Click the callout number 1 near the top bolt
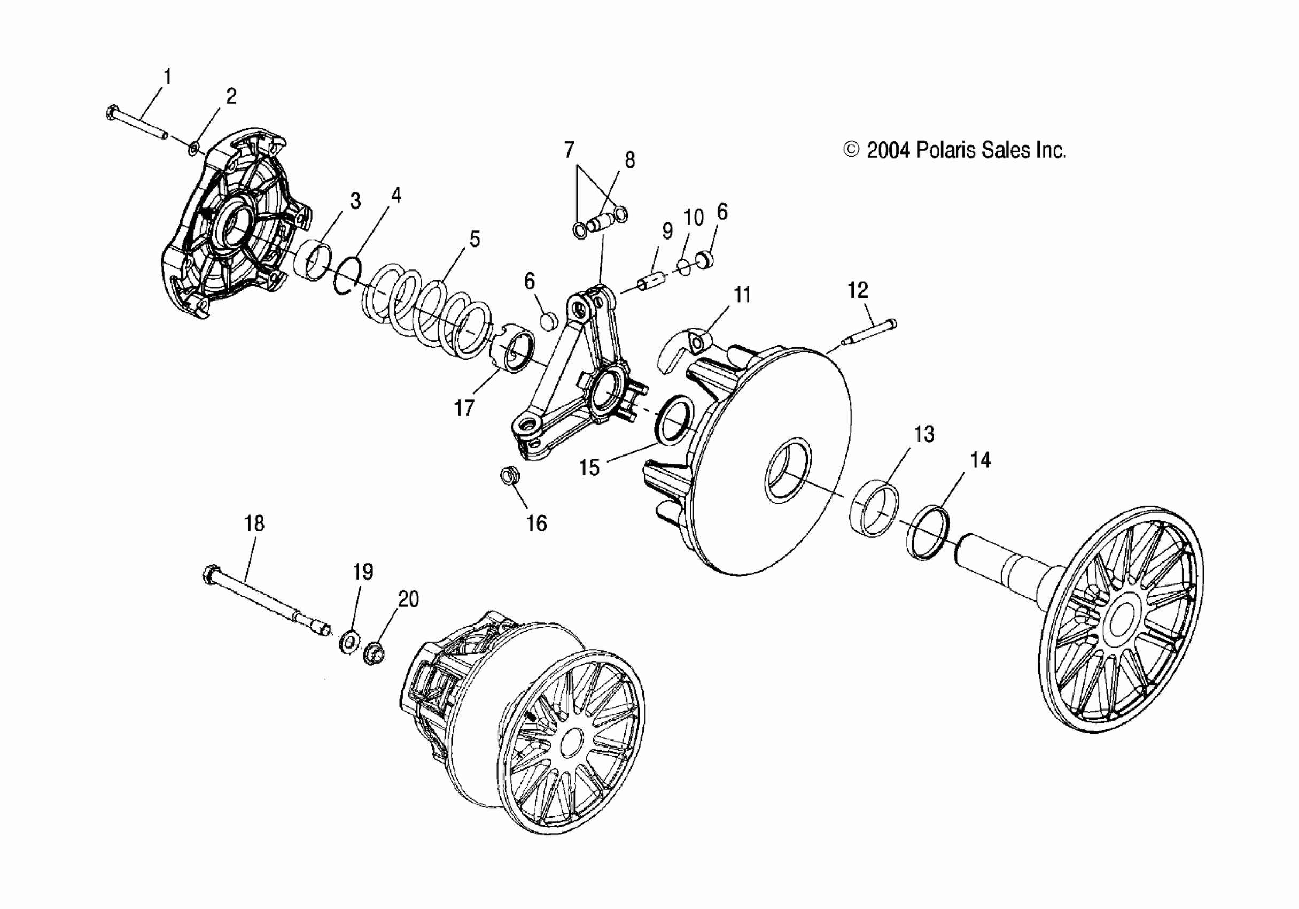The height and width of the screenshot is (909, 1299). click(x=167, y=76)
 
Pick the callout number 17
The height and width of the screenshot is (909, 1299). click(x=464, y=407)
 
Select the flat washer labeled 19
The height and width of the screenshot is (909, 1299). click(x=349, y=642)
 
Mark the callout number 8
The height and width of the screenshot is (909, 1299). click(x=629, y=160)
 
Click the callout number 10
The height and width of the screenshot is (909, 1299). click(x=694, y=217)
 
